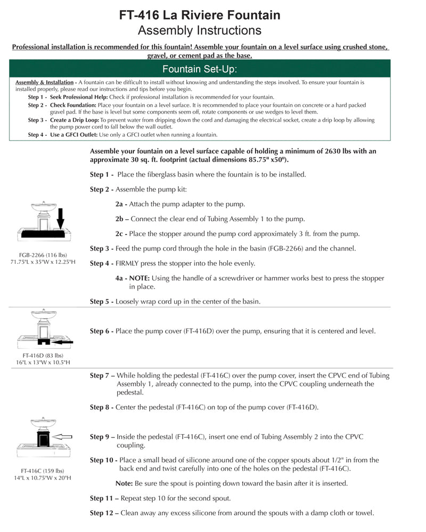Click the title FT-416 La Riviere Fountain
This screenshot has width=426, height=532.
coord(200,15)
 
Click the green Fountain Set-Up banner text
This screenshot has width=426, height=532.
coord(200,69)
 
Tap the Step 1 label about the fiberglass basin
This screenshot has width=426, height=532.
coord(102,174)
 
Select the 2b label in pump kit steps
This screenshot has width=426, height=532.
coord(122,219)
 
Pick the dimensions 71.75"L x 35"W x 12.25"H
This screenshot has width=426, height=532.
coord(42,262)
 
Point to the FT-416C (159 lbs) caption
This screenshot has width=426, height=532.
coord(42,470)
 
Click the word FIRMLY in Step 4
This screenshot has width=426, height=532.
coord(130,263)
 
